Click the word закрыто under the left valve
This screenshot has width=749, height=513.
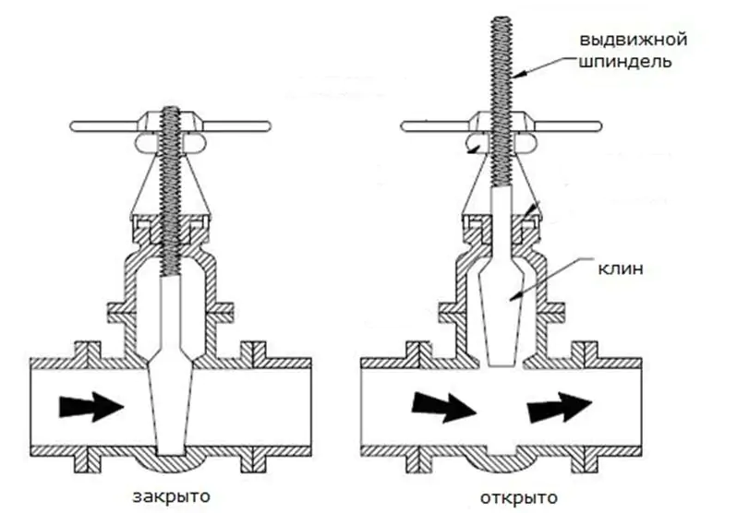[171, 496]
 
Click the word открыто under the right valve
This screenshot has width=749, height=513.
[519, 497]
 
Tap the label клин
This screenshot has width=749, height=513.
[621, 268]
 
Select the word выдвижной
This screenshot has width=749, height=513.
[634, 39]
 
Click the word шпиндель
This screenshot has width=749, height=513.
[626, 62]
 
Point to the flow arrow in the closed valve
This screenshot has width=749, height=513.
[91, 407]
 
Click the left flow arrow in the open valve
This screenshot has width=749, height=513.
[444, 407]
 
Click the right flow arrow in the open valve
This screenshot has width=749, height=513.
[560, 407]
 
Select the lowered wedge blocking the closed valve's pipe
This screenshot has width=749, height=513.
[171, 407]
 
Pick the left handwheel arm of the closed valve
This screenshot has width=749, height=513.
[107, 126]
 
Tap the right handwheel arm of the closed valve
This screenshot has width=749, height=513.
[234, 126]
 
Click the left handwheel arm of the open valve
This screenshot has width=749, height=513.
[437, 126]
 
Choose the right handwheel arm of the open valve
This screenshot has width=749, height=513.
[566, 126]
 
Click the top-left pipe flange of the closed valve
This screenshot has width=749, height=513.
[88, 351]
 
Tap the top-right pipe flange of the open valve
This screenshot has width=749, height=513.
[586, 351]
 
